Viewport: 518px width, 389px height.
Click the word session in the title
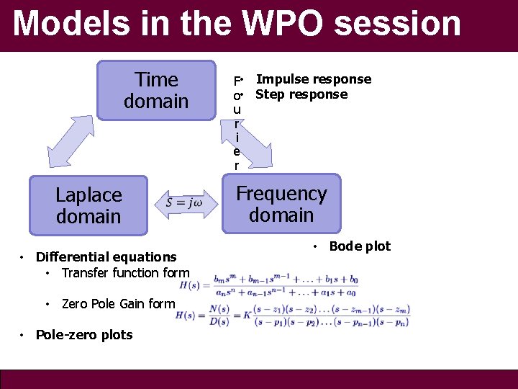(x=398, y=23)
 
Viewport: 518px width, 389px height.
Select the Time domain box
(x=156, y=90)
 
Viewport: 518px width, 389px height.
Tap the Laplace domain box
(x=89, y=205)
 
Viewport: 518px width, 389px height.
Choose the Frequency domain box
(x=281, y=204)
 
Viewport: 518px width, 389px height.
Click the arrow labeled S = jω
(x=184, y=202)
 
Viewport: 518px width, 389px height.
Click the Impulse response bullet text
(x=314, y=79)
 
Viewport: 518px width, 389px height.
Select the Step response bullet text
(x=301, y=94)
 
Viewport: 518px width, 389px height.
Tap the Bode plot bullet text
(x=360, y=246)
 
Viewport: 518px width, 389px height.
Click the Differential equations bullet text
(x=106, y=256)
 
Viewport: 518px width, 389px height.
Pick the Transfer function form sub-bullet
(x=125, y=272)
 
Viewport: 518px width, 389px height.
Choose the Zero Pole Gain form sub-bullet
(x=118, y=303)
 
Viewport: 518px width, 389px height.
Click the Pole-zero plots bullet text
(x=84, y=334)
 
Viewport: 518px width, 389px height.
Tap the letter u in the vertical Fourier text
(x=237, y=109)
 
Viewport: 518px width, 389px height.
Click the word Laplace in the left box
(x=89, y=194)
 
